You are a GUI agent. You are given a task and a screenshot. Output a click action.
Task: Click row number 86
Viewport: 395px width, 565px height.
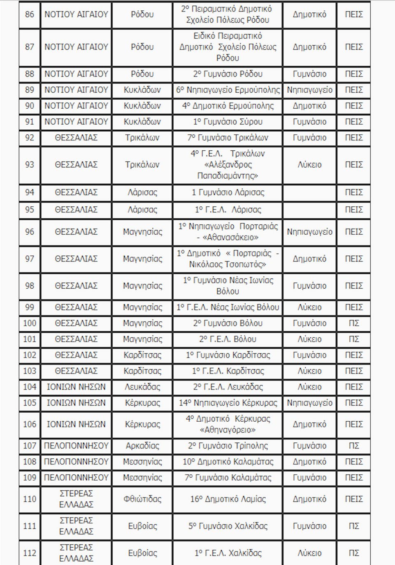30,14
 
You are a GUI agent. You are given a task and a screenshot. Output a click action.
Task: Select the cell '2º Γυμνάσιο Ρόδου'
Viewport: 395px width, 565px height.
228,74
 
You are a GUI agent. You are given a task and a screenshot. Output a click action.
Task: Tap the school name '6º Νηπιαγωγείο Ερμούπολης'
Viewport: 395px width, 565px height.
228,90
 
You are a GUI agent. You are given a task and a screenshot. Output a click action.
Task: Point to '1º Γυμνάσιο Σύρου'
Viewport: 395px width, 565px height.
228,122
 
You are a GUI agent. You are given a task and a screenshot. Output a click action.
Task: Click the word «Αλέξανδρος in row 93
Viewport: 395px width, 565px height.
228,165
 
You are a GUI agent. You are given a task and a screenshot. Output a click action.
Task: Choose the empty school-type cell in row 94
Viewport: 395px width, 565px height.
309,193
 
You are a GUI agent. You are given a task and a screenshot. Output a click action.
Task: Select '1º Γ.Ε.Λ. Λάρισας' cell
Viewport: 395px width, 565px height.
228,210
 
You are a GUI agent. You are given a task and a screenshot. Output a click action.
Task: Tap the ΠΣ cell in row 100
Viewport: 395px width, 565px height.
353,323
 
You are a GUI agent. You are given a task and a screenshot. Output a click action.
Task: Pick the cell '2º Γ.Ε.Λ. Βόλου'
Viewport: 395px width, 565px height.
228,339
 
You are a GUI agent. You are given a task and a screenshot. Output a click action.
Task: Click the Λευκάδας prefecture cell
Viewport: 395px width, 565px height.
142,387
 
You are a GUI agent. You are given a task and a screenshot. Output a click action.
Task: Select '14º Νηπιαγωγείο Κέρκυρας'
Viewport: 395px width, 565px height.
228,403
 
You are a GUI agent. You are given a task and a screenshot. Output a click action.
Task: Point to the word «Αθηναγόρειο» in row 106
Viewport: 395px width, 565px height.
228,430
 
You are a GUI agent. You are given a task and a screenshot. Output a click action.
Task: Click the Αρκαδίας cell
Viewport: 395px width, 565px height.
142,446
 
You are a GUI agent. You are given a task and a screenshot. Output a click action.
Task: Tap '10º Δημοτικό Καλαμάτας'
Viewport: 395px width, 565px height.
228,462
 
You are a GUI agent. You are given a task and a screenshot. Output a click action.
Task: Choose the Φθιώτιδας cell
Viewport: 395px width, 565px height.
142,499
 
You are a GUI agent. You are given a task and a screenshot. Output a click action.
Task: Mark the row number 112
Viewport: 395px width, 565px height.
30,553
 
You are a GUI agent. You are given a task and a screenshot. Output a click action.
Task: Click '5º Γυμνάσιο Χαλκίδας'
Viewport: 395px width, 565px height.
228,526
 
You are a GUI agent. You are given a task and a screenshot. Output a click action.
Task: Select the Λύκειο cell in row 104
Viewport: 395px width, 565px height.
309,387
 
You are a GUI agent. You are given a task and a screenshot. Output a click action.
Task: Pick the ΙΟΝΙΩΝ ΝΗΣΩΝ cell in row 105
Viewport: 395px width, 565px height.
76,403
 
